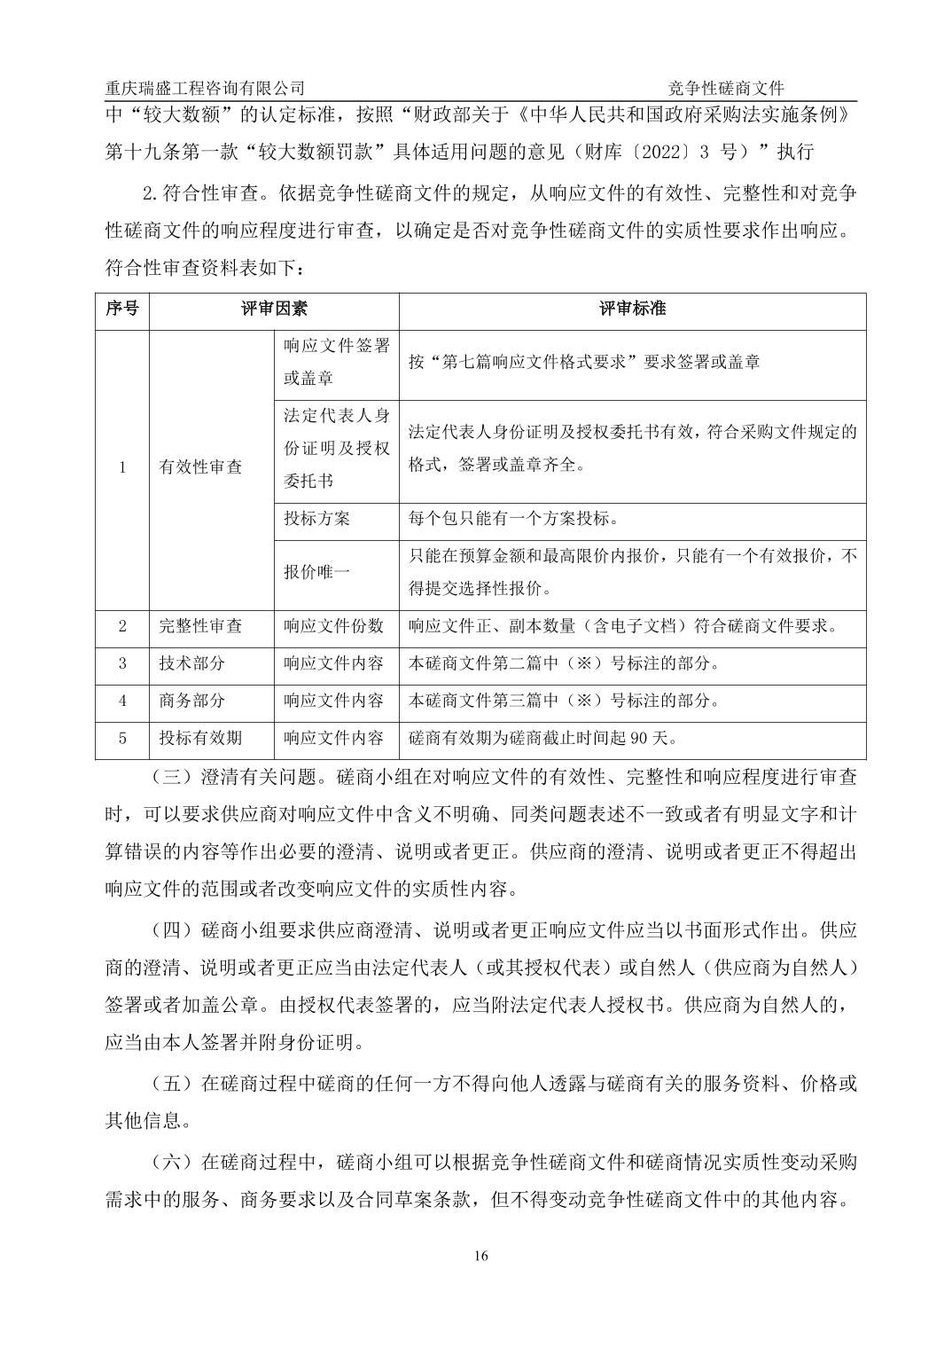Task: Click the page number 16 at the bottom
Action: pyautogui.click(x=481, y=1255)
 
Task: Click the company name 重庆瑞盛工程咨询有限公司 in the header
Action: pyautogui.click(x=205, y=88)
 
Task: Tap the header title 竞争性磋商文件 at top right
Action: pyautogui.click(x=726, y=88)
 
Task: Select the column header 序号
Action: pyautogui.click(x=122, y=310)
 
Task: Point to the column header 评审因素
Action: pyautogui.click(x=274, y=310)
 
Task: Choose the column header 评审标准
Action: pyautogui.click(x=632, y=310)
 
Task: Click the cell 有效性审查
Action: pyautogui.click(x=200, y=466)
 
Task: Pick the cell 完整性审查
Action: pyautogui.click(x=200, y=626)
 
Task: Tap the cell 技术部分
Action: pyautogui.click(x=191, y=663)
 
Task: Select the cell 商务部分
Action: pyautogui.click(x=191, y=701)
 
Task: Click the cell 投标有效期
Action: pyautogui.click(x=200, y=738)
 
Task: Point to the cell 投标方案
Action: pyautogui.click(x=316, y=519)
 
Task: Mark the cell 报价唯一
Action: pyautogui.click(x=316, y=571)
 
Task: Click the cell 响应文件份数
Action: pyautogui.click(x=333, y=626)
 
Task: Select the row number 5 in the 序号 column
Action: pyautogui.click(x=122, y=738)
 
